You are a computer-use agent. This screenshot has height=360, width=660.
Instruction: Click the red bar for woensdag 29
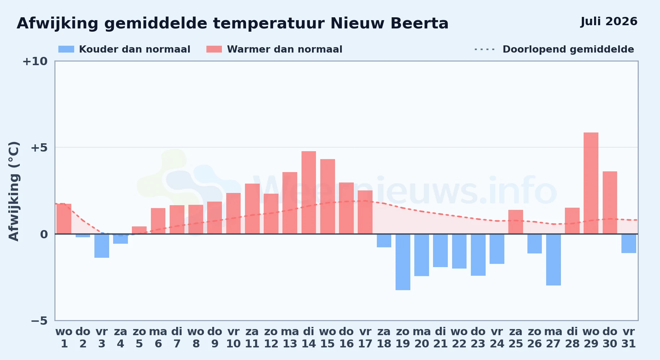[x=591, y=183]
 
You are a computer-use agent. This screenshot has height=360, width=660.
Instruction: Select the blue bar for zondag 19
[x=403, y=262]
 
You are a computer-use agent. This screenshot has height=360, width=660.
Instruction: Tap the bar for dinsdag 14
[x=309, y=193]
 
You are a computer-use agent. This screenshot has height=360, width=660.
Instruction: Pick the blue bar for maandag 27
[x=553, y=260]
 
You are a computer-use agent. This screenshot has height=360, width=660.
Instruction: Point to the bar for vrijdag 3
[x=102, y=246]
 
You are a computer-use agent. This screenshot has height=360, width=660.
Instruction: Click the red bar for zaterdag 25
[x=516, y=222]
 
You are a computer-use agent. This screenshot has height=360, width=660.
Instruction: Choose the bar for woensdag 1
[x=64, y=219]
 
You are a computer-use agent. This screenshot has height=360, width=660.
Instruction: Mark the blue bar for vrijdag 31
[x=629, y=243]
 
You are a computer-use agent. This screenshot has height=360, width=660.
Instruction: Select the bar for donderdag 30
[x=610, y=203]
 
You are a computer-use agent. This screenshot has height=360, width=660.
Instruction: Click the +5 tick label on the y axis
[x=39, y=148]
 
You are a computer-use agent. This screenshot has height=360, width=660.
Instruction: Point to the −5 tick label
[x=39, y=321]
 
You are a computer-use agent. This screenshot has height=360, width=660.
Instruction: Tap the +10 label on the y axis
[x=35, y=61]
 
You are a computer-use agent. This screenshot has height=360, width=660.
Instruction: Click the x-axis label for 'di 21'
[x=440, y=338]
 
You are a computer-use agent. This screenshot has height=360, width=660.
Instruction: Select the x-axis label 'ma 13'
[x=290, y=338]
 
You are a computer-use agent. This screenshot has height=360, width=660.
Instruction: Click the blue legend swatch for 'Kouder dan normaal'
[x=66, y=49]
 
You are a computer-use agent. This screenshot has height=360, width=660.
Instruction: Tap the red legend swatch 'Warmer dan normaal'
[x=214, y=49]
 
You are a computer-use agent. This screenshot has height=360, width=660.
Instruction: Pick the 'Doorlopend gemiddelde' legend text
[x=568, y=49]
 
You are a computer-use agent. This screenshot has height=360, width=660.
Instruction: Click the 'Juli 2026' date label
[x=609, y=22]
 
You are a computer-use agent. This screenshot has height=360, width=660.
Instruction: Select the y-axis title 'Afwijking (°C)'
[x=14, y=191]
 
